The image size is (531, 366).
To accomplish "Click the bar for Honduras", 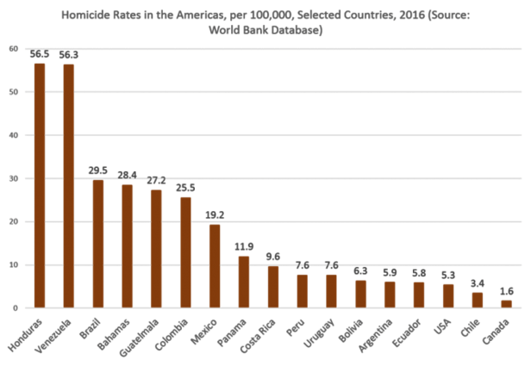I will point(40,185).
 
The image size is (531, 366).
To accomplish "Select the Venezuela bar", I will point(69,186).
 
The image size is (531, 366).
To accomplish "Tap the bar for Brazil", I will point(98,244).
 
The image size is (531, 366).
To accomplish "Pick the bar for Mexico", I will point(215,266).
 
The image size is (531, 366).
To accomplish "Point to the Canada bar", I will point(506,304).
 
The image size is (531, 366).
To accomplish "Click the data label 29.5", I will point(98,171).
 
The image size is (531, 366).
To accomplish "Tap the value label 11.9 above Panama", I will point(244,247).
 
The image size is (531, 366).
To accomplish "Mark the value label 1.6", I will point(506,291).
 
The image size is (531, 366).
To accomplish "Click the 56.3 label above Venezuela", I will point(69,54).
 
